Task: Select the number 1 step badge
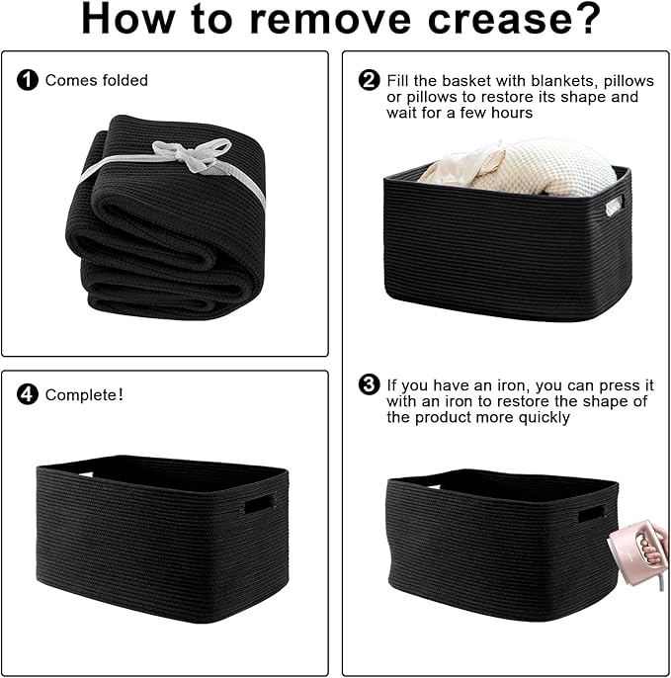[29, 80]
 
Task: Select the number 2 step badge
[369, 80]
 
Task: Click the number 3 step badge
[369, 384]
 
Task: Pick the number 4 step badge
[29, 395]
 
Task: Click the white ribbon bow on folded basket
[194, 154]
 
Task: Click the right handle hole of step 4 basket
[259, 504]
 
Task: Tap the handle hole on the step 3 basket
[590, 514]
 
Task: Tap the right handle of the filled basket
[614, 206]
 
